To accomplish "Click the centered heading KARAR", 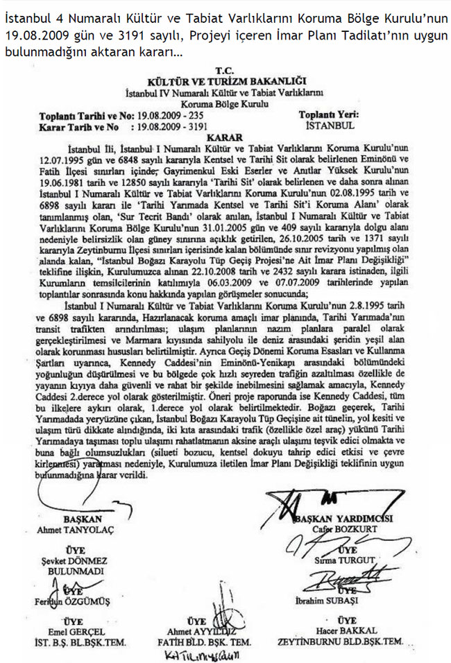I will point(226,137).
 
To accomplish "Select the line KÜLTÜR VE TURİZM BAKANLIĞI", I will point(226,81).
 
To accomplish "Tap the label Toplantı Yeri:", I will point(329,116).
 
